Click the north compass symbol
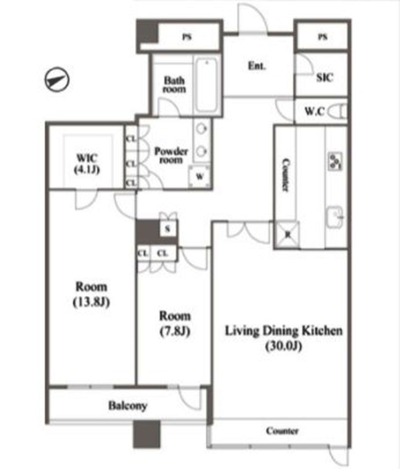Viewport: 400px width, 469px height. [x=57, y=79]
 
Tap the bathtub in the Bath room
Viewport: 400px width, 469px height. [x=206, y=85]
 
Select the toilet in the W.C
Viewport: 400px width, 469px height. [x=338, y=111]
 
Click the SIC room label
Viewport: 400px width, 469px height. [x=324, y=78]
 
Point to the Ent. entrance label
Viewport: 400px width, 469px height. [x=257, y=66]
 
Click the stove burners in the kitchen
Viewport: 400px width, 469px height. [x=335, y=161]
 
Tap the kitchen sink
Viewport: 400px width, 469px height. [x=335, y=217]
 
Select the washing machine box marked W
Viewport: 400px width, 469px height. [x=199, y=176]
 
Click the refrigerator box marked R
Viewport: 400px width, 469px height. [x=287, y=234]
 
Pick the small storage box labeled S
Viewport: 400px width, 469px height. [x=168, y=229]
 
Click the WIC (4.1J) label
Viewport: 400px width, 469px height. [x=86, y=163]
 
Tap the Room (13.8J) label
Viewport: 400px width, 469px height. [x=91, y=295]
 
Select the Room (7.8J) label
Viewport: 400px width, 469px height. [x=175, y=323]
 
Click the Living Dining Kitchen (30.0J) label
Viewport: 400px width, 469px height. [x=283, y=338]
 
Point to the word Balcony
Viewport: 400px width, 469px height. [x=128, y=406]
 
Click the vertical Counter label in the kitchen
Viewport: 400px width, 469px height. [x=286, y=175]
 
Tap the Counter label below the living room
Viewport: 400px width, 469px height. [x=282, y=431]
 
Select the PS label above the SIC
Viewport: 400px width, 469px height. [x=322, y=37]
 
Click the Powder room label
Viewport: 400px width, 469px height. [x=171, y=155]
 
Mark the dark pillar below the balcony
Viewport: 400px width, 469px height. [x=146, y=435]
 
